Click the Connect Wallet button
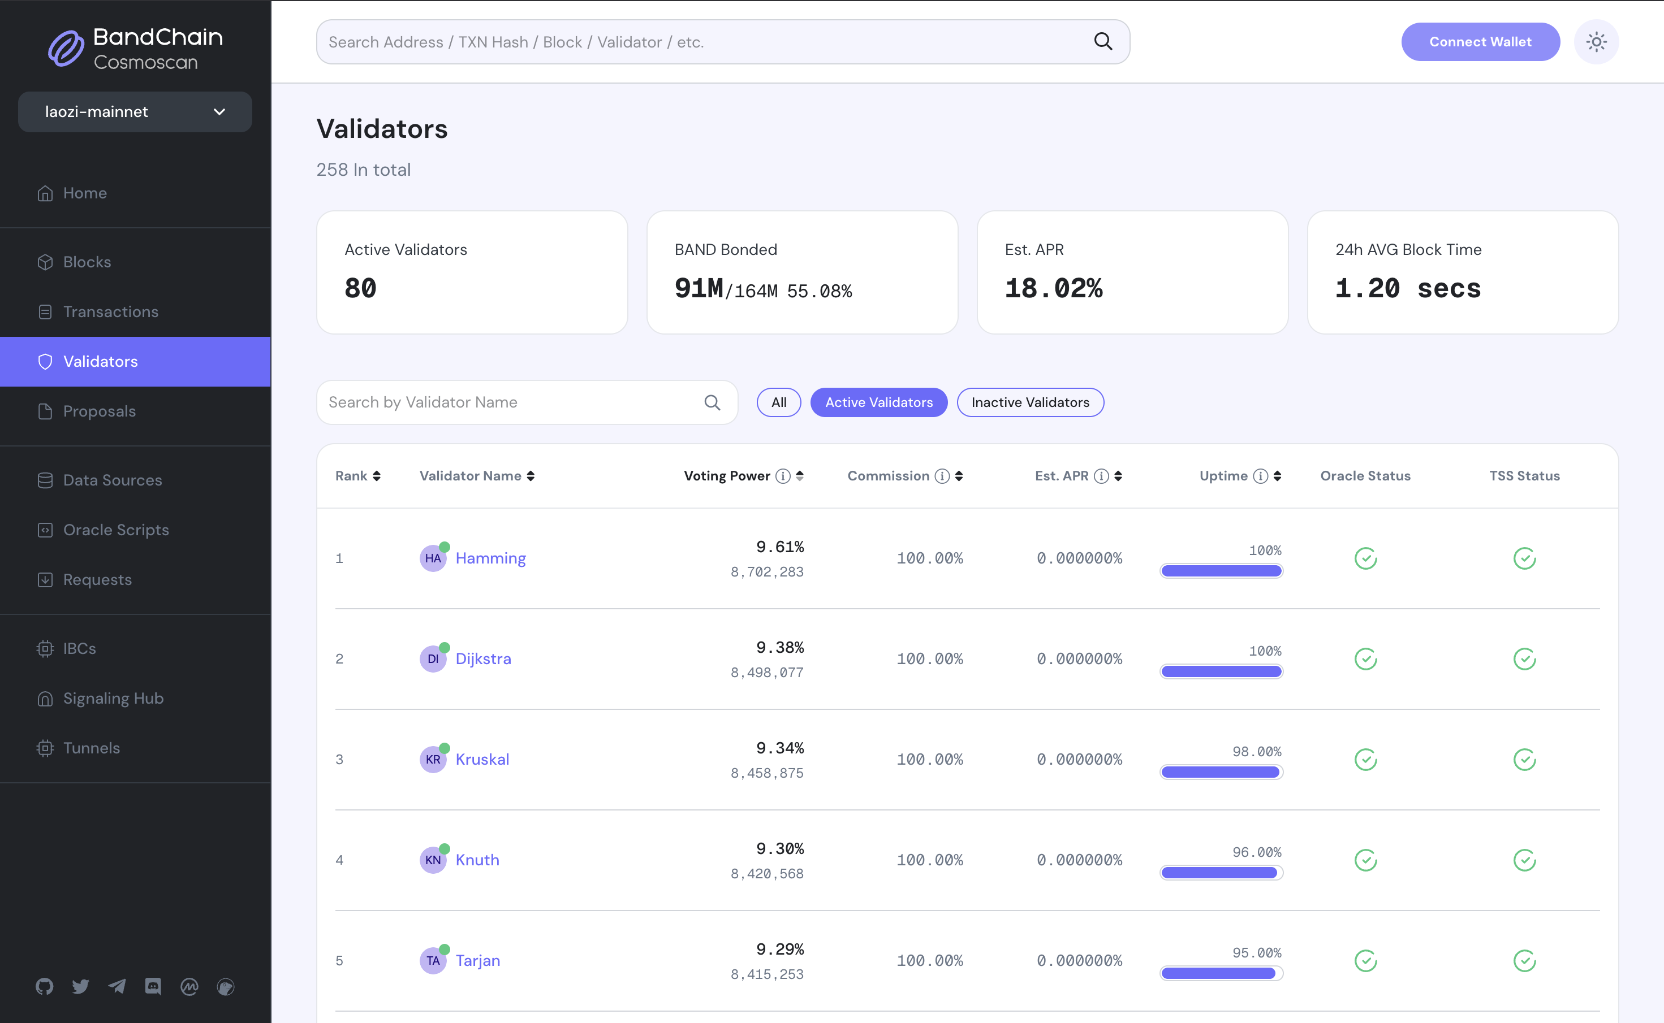coord(1480,42)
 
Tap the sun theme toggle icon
coord(1596,42)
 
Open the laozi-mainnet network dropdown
coord(135,112)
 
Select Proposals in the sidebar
coord(99,411)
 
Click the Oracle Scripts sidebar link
coord(116,530)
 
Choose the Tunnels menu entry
coord(92,748)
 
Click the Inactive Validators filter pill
coord(1029,402)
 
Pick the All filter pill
coord(778,402)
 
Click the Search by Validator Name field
coord(511,402)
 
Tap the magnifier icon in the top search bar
coord(1103,42)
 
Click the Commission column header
coord(888,476)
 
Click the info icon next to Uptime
coord(1260,476)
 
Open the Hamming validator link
coord(490,558)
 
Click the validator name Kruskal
coord(482,759)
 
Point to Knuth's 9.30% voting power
coord(780,848)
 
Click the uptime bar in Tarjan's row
coord(1221,973)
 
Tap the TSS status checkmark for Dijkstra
coord(1524,659)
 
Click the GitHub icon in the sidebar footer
coord(45,986)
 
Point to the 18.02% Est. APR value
coord(1053,289)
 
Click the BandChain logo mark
coord(66,49)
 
